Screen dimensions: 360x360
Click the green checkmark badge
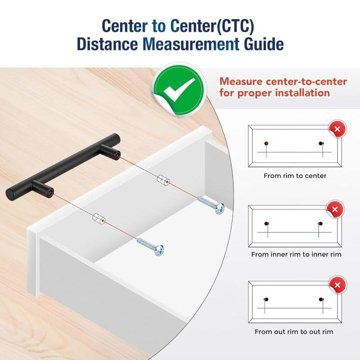coord(179,90)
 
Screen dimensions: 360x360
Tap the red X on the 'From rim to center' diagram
coord(337,129)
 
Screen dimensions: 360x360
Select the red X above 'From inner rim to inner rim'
coord(335,209)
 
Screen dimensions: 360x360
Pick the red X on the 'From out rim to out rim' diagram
coord(337,285)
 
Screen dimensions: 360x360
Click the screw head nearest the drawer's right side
coord(220,208)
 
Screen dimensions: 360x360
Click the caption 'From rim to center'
coord(295,176)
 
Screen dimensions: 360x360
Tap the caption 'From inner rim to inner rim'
coord(296,254)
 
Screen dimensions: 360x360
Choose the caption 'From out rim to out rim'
coord(294,332)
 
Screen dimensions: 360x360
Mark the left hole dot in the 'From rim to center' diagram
coord(266,144)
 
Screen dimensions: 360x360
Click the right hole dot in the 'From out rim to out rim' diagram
coord(321,299)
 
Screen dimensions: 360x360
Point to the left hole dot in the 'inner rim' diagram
coord(266,224)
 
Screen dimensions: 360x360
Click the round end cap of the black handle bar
coord(10,195)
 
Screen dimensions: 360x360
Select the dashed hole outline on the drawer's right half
coord(163,179)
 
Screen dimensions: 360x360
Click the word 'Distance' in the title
coord(107,44)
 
